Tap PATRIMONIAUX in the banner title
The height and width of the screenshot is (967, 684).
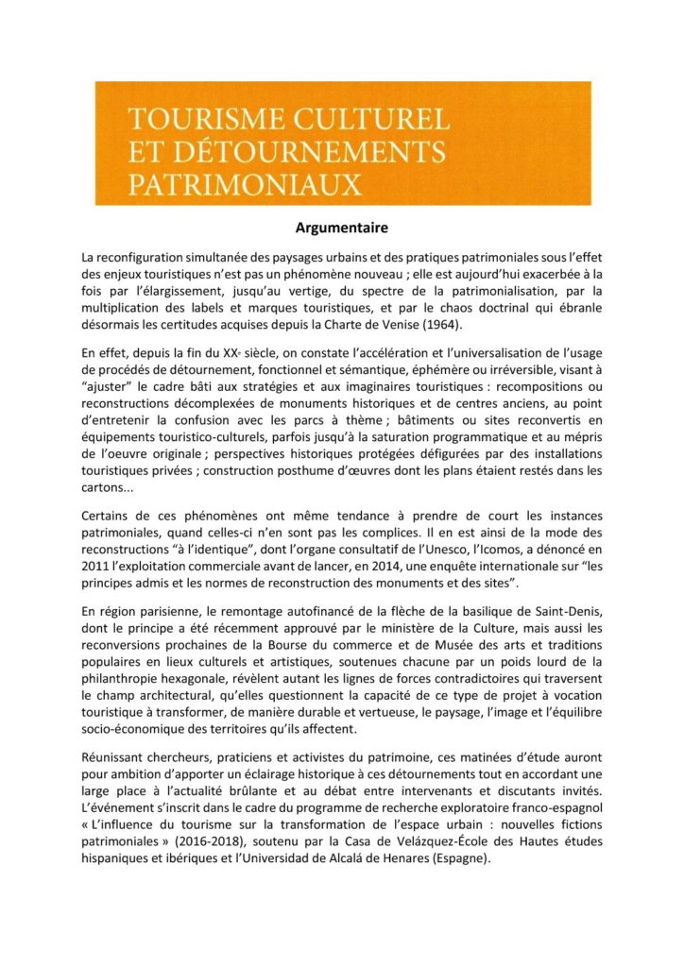[245, 182]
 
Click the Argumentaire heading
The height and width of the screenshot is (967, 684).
[342, 228]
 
